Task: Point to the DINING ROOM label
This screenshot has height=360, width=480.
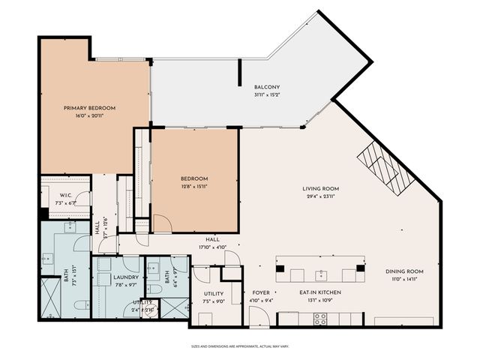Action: click(404, 271)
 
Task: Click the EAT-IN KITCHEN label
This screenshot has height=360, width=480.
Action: click(320, 292)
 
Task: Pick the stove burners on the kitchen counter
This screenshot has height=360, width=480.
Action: click(319, 318)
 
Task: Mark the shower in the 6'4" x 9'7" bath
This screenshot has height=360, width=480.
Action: click(173, 309)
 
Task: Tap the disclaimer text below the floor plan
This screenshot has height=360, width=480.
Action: click(239, 346)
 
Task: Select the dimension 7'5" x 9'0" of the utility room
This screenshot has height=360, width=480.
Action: click(213, 301)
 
